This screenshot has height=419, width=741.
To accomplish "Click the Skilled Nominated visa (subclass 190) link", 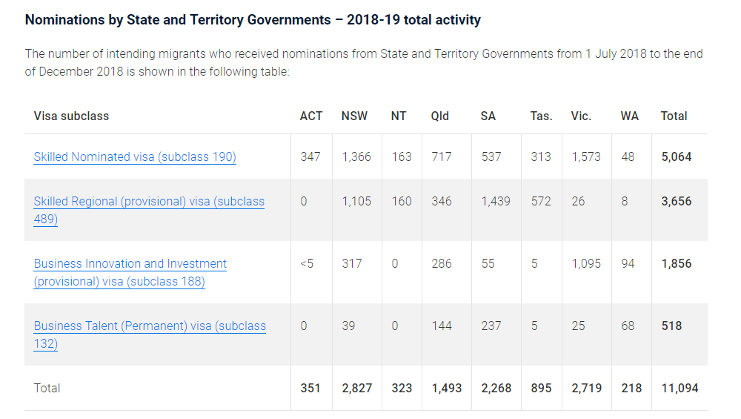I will [135, 156].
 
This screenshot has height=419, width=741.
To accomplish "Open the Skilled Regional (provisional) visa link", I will [149, 202].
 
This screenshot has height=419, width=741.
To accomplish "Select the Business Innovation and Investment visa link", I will [130, 264].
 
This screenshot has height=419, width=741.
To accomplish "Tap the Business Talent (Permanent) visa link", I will [150, 326].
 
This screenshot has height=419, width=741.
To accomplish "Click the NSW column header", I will [354, 116].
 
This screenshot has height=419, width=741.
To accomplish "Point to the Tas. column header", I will [541, 116].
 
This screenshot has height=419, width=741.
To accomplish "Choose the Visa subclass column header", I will [71, 116].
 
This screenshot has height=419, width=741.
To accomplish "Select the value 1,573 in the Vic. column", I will [586, 156].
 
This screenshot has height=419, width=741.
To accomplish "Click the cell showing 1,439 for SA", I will [495, 201].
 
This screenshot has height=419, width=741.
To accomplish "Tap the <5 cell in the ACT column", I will [307, 263].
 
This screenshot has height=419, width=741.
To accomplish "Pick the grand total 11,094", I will [679, 388].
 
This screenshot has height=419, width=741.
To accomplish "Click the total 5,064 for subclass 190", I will [677, 156].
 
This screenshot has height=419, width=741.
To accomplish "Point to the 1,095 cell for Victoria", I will [586, 263].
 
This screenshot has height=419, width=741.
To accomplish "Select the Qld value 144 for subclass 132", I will [442, 326].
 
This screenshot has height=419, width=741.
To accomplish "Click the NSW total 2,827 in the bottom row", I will [356, 388].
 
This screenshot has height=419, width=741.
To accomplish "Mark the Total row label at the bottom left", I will [47, 388].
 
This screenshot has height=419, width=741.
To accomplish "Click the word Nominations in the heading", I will [64, 20].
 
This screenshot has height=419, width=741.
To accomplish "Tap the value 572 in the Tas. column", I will [541, 201].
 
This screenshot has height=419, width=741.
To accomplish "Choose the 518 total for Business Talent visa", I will [672, 326].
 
